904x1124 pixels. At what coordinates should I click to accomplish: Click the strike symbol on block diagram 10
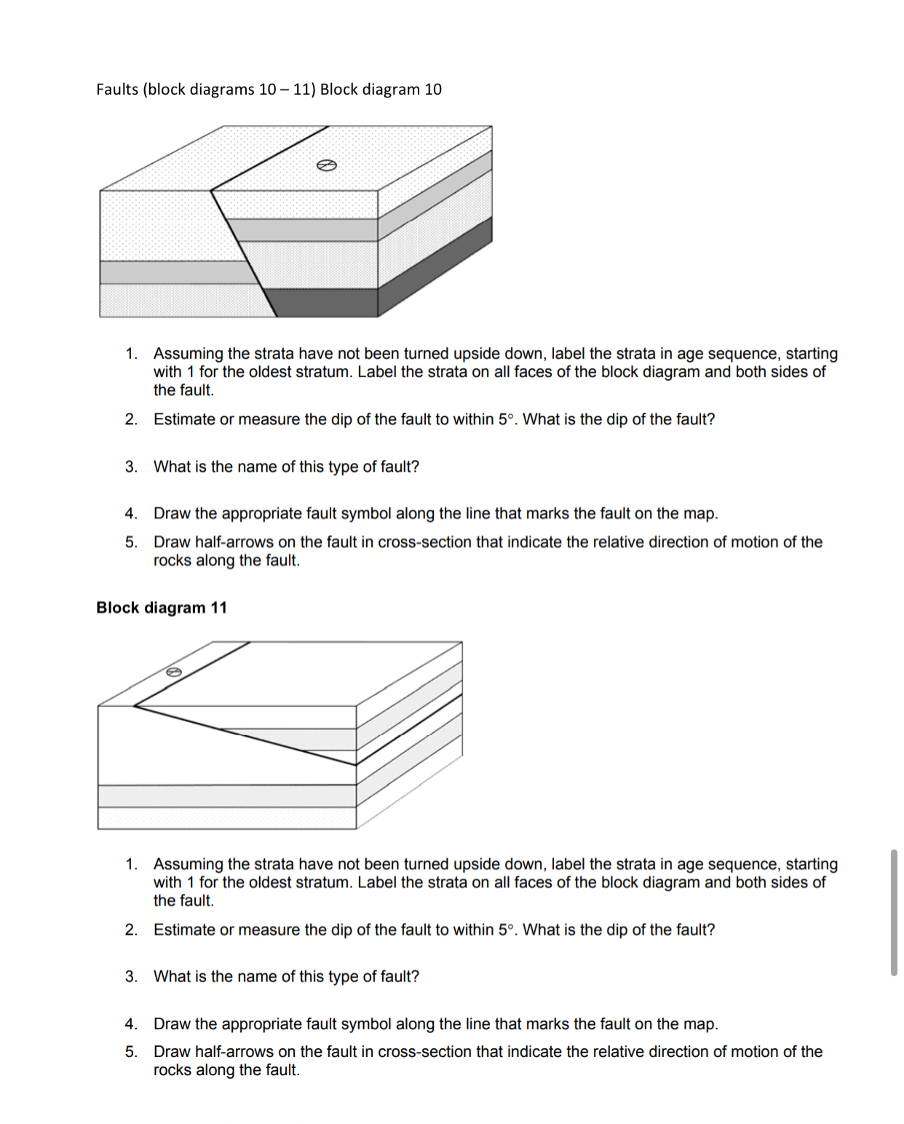pyautogui.click(x=327, y=165)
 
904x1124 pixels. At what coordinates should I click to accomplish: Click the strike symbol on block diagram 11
pyautogui.click(x=173, y=672)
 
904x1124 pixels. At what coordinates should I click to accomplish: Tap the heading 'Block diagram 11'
pyautogui.click(x=162, y=608)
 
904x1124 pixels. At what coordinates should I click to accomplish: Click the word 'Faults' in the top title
pyautogui.click(x=117, y=90)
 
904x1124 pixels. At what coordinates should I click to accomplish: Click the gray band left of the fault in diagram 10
pyautogui.click(x=175, y=272)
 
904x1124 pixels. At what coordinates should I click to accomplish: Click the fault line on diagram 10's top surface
pyautogui.click(x=269, y=159)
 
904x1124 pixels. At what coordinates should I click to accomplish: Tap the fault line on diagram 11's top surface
pyautogui.click(x=193, y=674)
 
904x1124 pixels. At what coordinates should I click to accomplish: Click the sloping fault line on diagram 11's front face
pyautogui.click(x=247, y=735)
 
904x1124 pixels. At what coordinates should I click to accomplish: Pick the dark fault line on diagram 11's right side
pyautogui.click(x=409, y=730)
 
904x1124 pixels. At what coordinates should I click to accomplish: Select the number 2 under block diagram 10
pyautogui.click(x=131, y=419)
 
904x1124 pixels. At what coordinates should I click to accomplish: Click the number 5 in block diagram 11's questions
pyautogui.click(x=131, y=1052)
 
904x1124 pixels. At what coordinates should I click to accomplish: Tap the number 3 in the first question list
pyautogui.click(x=131, y=467)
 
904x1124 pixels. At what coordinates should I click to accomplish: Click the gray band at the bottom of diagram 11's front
pyautogui.click(x=226, y=796)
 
